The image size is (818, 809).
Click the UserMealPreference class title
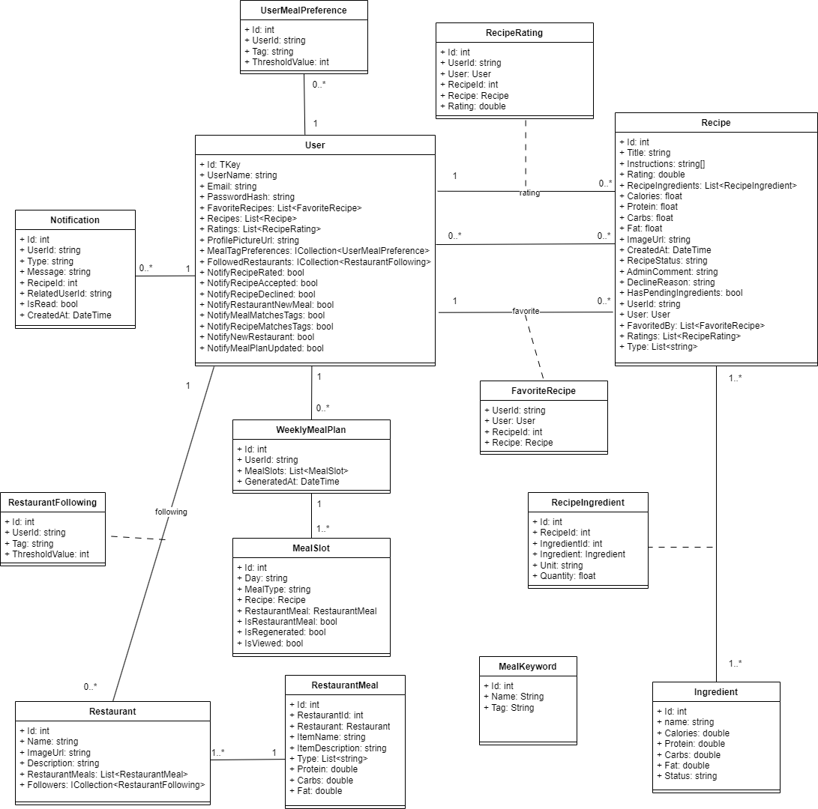click(304, 10)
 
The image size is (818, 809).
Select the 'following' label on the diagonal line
click(170, 512)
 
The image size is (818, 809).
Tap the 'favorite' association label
click(526, 310)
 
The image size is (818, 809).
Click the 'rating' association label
click(529, 193)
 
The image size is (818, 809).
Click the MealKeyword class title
click(528, 667)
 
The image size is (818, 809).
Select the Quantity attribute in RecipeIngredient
click(568, 576)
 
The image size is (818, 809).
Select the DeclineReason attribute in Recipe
click(670, 282)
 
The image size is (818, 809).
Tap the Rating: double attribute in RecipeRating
click(476, 106)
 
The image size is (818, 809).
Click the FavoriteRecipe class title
click(543, 390)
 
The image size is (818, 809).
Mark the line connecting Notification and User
click(165, 276)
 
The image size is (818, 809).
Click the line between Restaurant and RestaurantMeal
click(247, 760)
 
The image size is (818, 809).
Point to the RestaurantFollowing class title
click(52, 502)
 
